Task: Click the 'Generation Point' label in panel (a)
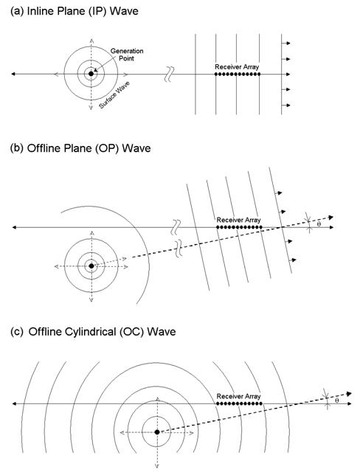[127, 55]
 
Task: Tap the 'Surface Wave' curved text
[114, 95]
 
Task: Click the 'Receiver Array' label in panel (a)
[237, 66]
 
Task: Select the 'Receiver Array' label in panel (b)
[238, 220]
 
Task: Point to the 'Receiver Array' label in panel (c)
[238, 396]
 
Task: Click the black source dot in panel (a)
[91, 74]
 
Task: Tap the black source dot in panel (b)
[91, 266]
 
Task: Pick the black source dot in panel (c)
[157, 432]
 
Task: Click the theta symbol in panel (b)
[319, 224]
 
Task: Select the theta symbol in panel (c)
[336, 401]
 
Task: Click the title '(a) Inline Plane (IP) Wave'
[75, 11]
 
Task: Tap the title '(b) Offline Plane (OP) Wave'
[80, 148]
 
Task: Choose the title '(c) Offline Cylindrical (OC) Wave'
[93, 331]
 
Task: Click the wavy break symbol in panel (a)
[169, 74]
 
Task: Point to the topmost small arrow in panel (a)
[286, 43]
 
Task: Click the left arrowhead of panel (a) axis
[13, 74]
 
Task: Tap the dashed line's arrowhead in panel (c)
[349, 394]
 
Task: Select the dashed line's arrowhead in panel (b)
[331, 217]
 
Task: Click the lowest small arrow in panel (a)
[286, 105]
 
